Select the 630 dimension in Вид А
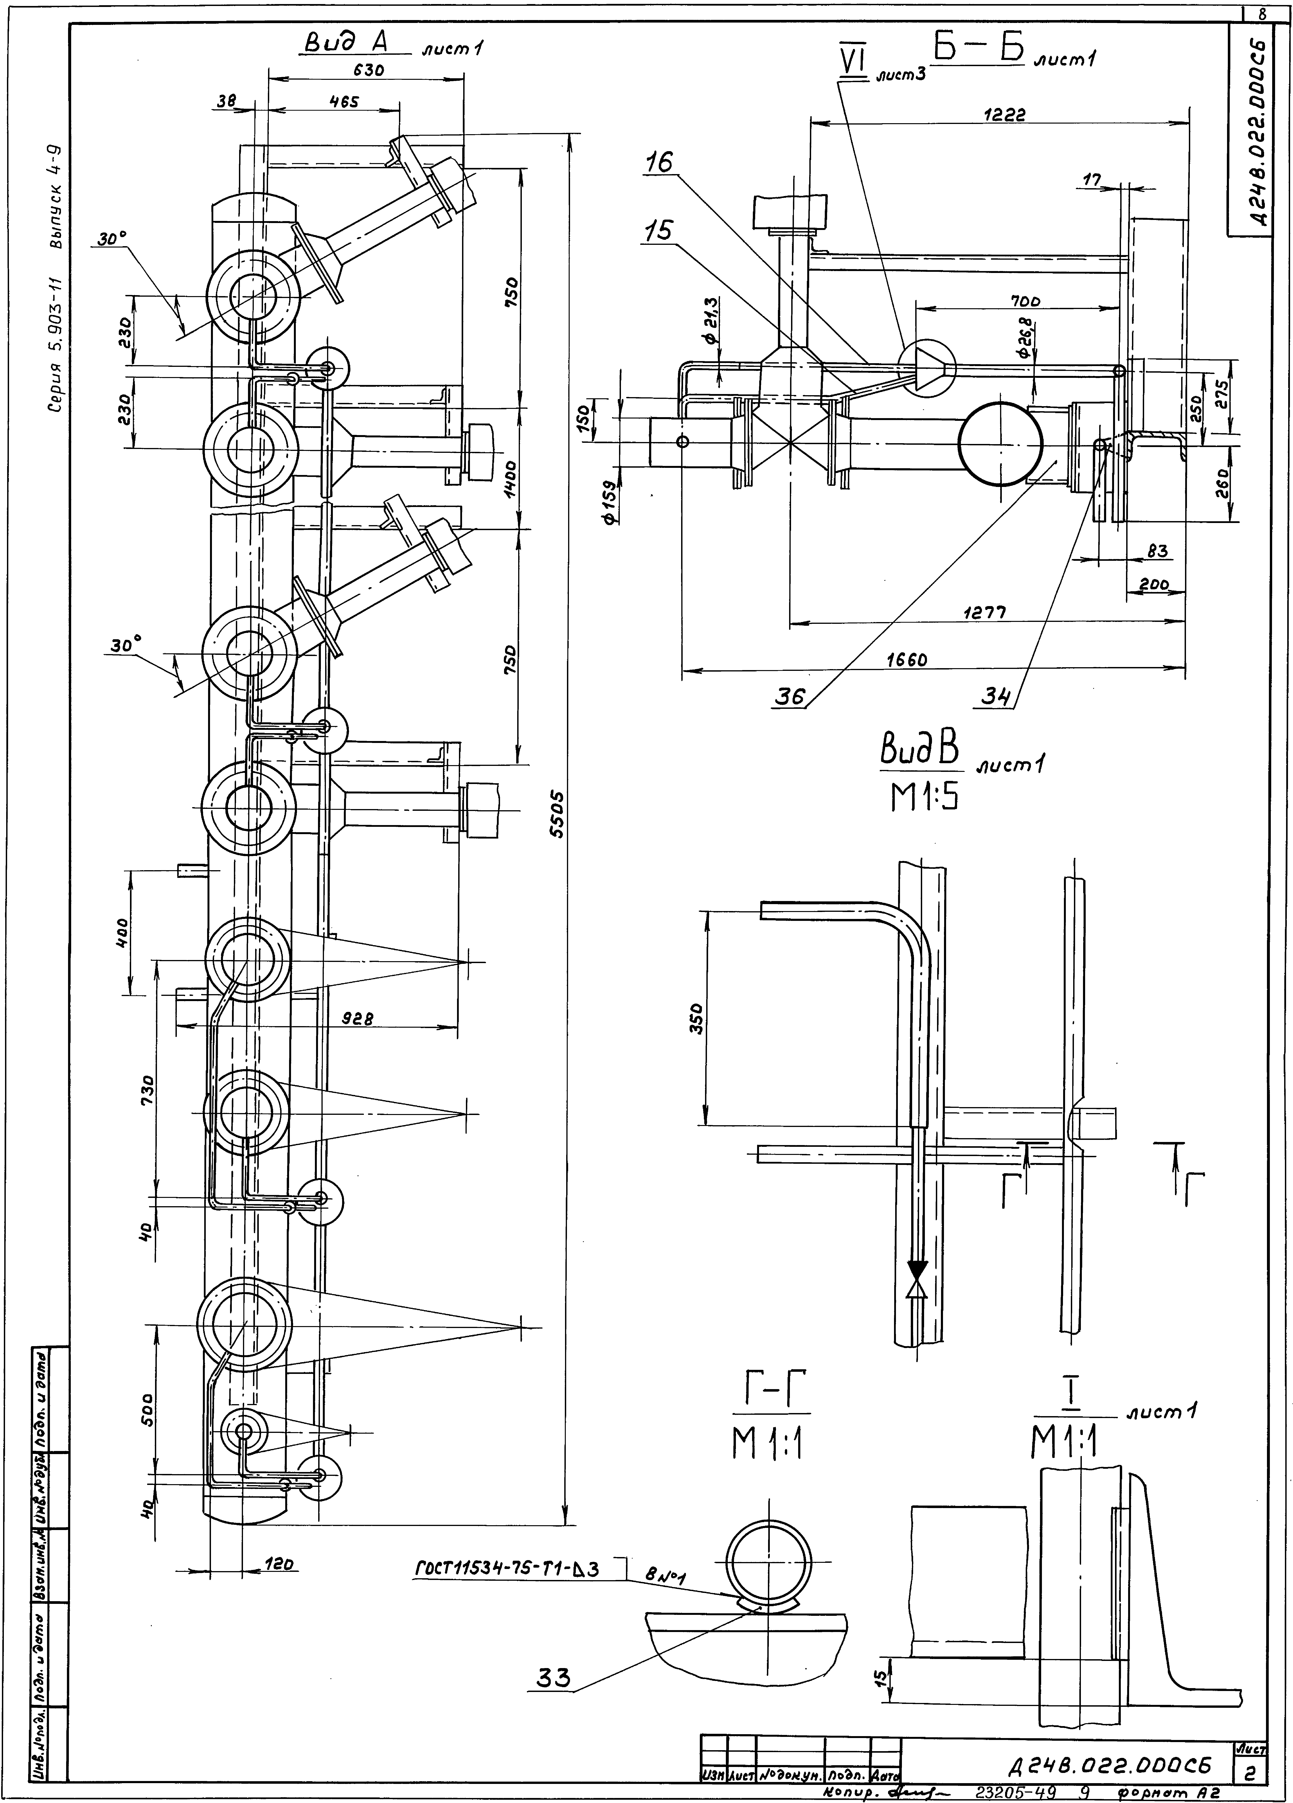(368, 70)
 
